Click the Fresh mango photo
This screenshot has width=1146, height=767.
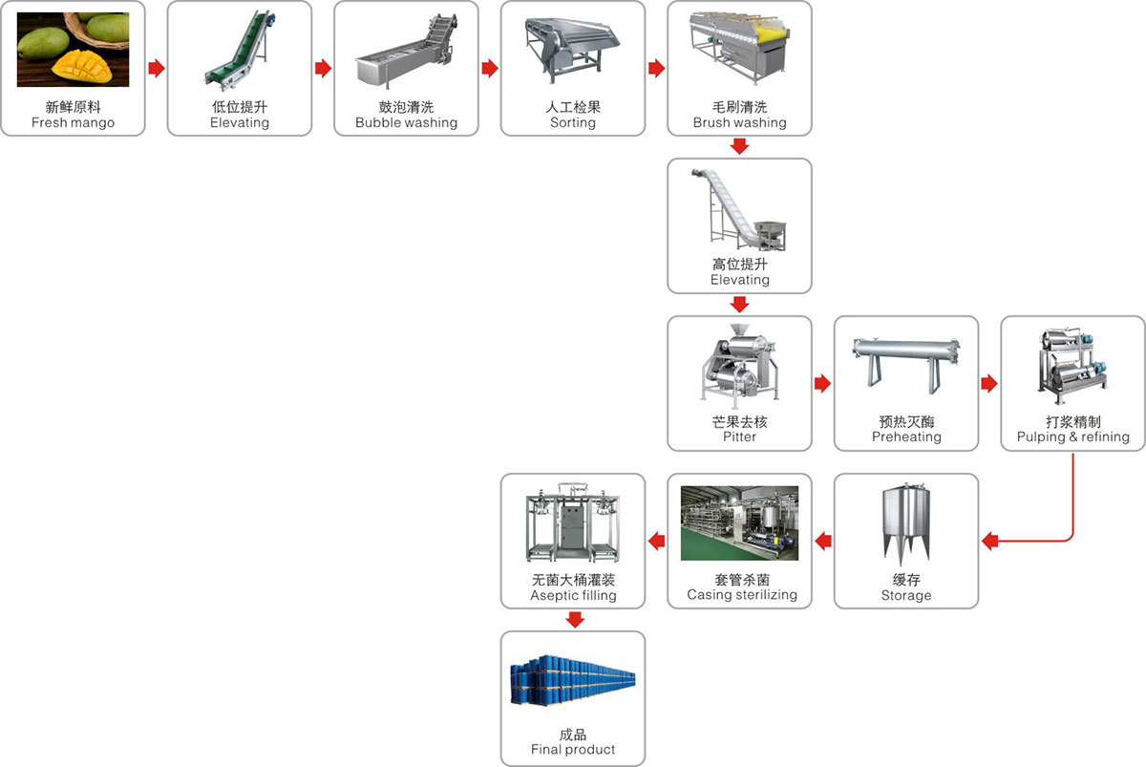(73, 50)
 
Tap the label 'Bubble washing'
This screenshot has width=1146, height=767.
(406, 123)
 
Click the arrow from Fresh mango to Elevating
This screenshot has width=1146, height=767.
(157, 69)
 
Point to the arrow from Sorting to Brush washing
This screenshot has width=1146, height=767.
(656, 69)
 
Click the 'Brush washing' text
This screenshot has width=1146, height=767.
(739, 123)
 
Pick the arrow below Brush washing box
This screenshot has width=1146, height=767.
(739, 147)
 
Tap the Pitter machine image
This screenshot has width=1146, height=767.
(739, 368)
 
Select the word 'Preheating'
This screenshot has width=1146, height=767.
(906, 437)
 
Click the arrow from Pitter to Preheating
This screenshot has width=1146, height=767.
(822, 384)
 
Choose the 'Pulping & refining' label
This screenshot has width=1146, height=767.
(1072, 437)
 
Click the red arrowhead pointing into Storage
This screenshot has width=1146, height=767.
(990, 542)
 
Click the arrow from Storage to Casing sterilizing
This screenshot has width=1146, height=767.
(822, 542)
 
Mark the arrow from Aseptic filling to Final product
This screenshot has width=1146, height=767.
(573, 620)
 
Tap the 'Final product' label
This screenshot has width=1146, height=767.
(573, 750)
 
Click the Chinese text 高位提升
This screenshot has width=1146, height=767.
(739, 264)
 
